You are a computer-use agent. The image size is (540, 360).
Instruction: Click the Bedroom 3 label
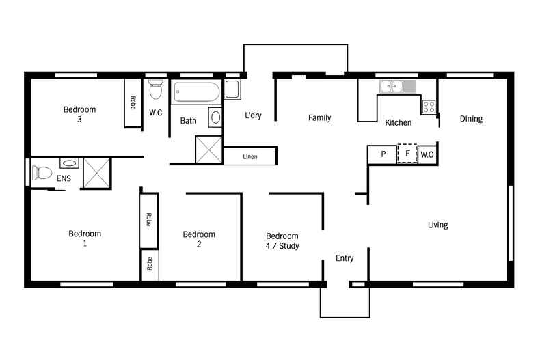(x=79, y=114)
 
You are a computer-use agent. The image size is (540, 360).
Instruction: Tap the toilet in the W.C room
(x=154, y=89)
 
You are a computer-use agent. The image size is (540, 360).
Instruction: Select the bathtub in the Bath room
(x=195, y=92)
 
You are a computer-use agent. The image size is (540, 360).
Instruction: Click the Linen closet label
(x=250, y=157)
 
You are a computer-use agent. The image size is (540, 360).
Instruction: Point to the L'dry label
(x=253, y=116)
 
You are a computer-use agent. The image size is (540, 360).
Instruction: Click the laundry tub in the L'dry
(x=232, y=89)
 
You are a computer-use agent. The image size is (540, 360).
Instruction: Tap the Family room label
(x=319, y=118)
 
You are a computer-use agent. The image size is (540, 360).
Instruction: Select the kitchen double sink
(x=392, y=87)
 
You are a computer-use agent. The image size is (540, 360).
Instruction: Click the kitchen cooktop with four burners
(x=429, y=107)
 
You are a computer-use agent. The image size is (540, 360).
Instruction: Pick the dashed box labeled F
(x=407, y=154)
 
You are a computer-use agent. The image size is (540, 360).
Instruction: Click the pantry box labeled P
(x=383, y=154)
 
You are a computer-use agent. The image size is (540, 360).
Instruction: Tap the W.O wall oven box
(x=427, y=155)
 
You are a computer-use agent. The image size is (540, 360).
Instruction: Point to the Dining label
(x=471, y=119)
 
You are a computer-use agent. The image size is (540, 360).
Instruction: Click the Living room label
(x=437, y=225)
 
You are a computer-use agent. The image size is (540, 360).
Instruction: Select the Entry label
(x=345, y=258)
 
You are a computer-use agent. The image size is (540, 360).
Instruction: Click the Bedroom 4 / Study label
(x=282, y=240)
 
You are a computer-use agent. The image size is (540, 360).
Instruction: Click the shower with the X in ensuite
(x=96, y=173)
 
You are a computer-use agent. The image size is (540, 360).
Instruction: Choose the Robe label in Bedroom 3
(x=133, y=102)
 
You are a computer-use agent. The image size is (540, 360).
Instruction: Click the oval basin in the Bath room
(x=215, y=117)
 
